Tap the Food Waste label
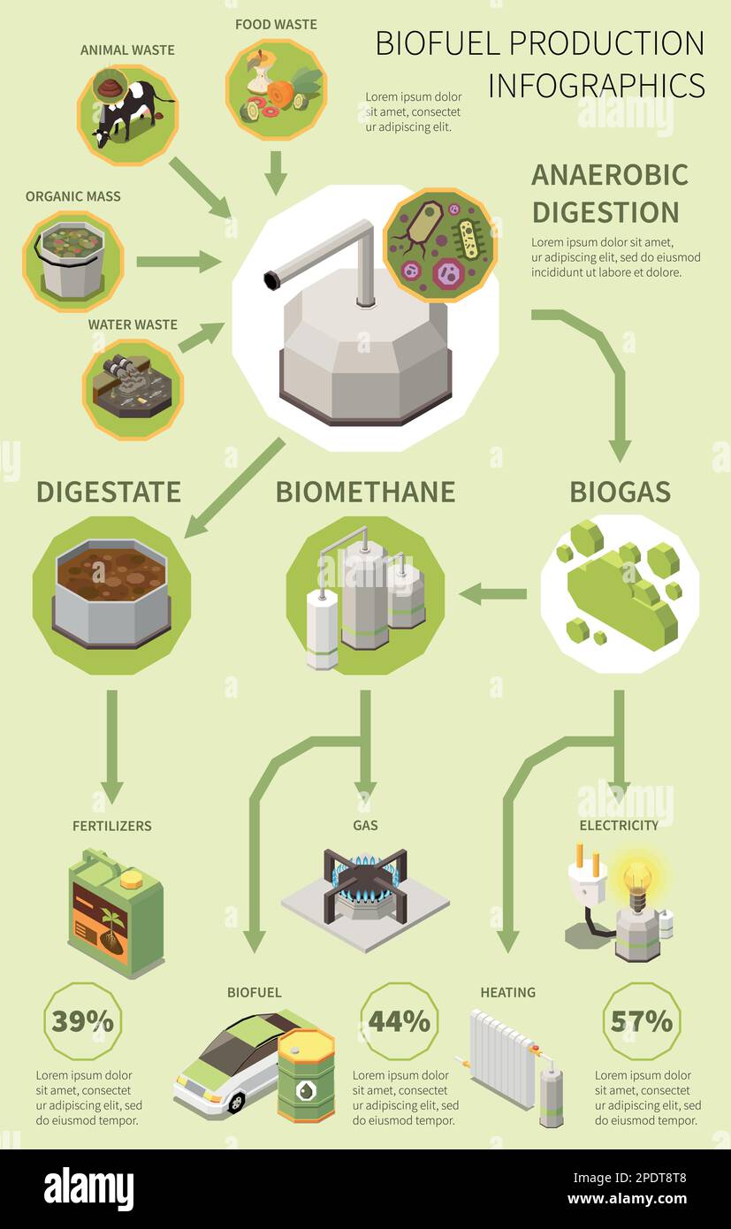(x=276, y=24)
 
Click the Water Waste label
(x=133, y=324)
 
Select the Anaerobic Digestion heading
(x=609, y=193)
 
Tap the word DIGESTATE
(x=109, y=492)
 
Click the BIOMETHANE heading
(x=365, y=492)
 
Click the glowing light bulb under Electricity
(x=637, y=880)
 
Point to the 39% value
(x=82, y=1021)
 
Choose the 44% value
(x=400, y=1021)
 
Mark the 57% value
(x=641, y=1021)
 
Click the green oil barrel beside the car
(x=306, y=1076)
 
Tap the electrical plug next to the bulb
(x=588, y=875)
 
